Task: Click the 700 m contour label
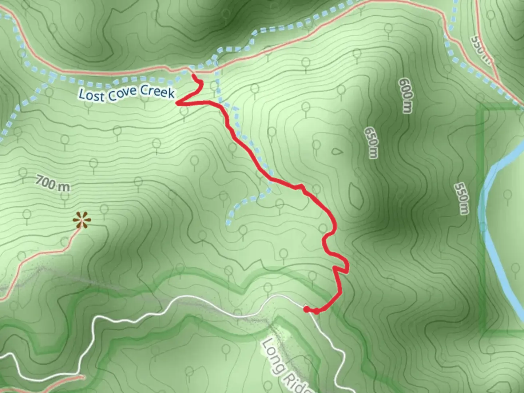(x=53, y=183)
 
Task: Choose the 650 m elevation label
(x=371, y=143)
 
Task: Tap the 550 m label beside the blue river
(x=461, y=198)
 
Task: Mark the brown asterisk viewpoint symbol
(x=81, y=221)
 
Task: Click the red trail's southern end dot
(x=306, y=309)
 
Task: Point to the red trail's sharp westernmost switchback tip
(x=178, y=103)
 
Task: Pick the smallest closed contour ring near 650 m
(x=337, y=151)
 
